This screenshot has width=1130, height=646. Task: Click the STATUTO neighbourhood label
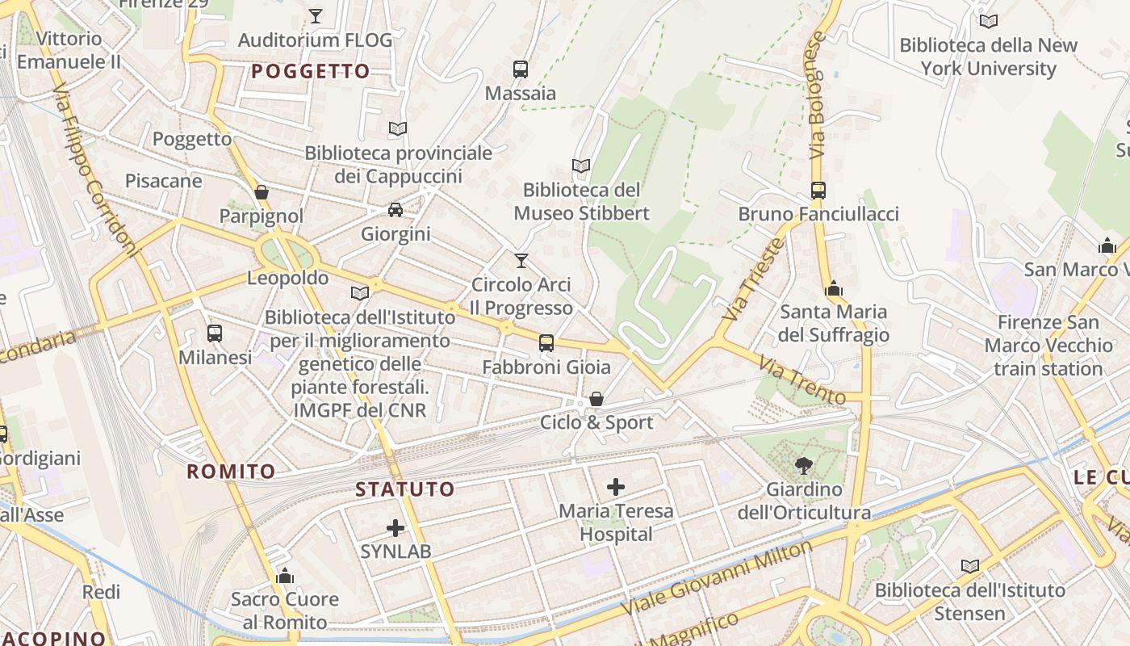[405, 489]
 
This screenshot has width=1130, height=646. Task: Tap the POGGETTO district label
[311, 71]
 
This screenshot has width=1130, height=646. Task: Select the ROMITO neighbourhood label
[231, 471]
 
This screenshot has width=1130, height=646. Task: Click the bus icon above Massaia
[521, 69]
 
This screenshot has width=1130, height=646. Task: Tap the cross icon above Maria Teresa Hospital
[616, 486]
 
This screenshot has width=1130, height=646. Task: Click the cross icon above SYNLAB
[395, 528]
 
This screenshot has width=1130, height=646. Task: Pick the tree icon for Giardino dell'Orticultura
[803, 465]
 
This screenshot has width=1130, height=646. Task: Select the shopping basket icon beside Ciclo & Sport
[596, 399]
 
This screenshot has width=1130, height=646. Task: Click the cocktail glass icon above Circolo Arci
[521, 260]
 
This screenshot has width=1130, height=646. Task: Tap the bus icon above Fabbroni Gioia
[546, 343]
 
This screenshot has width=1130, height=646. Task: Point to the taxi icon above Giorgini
[395, 210]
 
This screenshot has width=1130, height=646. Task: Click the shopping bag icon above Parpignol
[262, 192]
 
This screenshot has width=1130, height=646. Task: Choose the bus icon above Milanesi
[215, 333]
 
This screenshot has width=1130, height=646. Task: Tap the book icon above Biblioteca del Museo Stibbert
[581, 166]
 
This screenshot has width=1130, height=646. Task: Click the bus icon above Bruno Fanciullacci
[818, 191]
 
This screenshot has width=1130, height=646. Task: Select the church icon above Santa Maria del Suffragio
[834, 288]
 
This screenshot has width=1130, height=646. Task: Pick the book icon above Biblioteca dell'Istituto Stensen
[970, 567]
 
